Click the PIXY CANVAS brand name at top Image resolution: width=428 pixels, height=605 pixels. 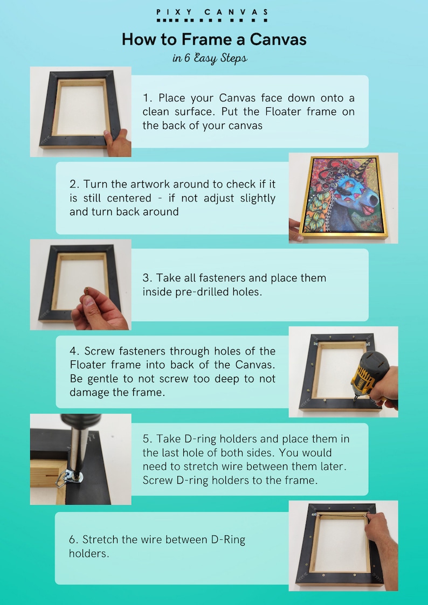tap(213, 12)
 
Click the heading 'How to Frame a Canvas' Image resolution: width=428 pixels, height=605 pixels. tap(213, 39)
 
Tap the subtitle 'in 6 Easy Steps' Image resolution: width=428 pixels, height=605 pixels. tap(210, 58)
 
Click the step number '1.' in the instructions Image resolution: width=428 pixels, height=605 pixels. tap(148, 98)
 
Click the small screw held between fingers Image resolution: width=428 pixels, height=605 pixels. tap(85, 291)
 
